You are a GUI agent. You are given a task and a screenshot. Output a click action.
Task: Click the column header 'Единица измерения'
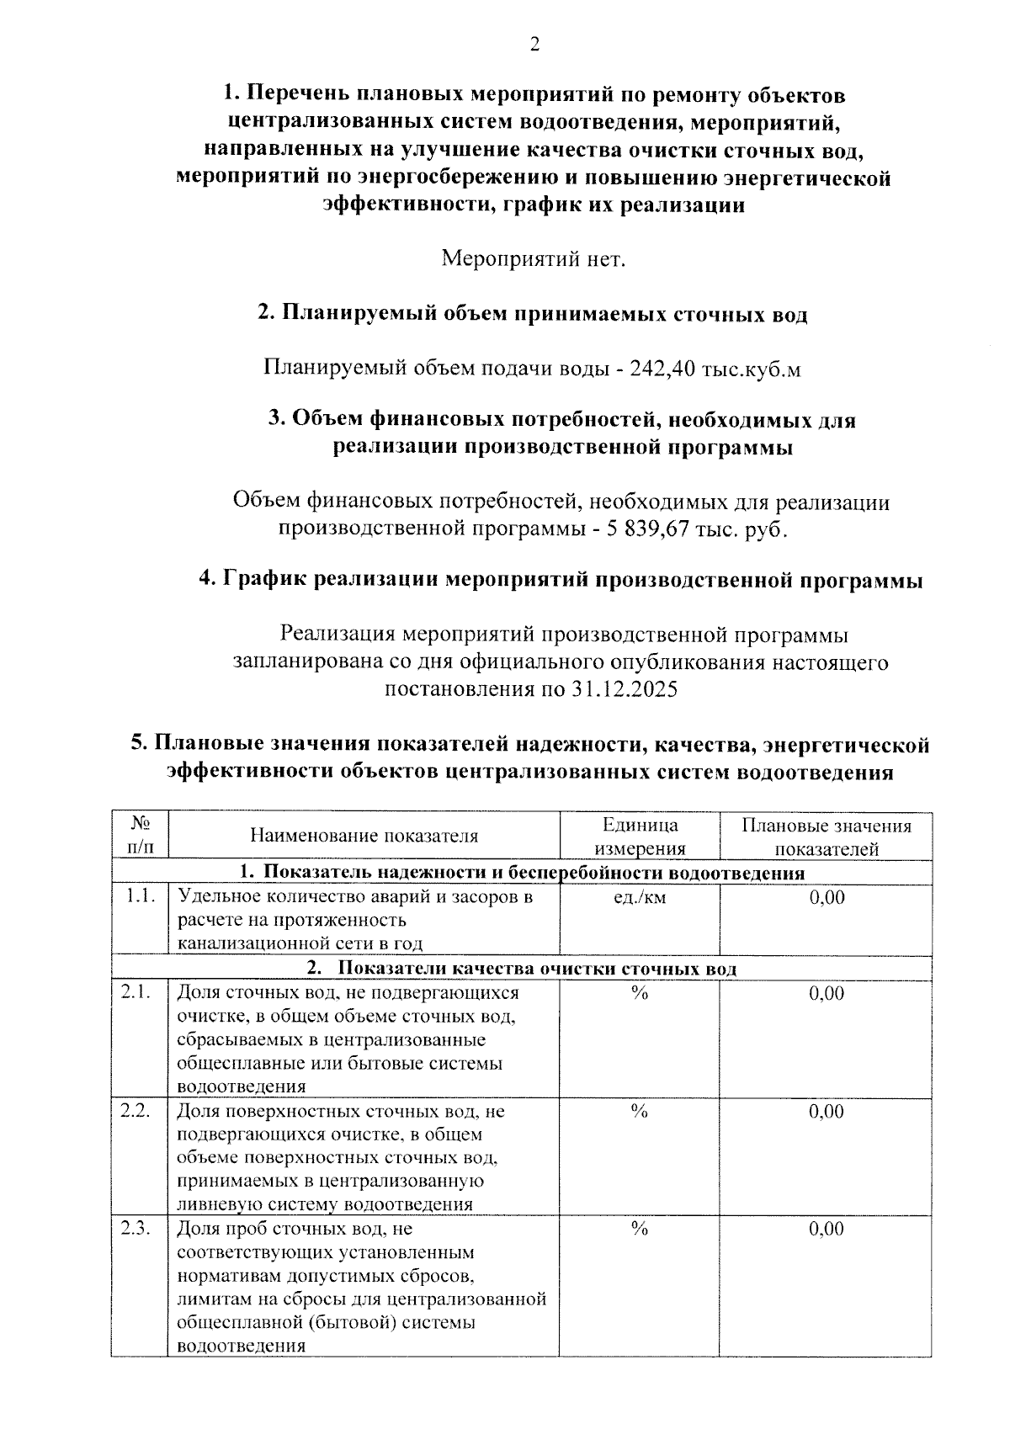pos(640,837)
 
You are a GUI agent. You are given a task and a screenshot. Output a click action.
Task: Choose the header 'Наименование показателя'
pos(364,836)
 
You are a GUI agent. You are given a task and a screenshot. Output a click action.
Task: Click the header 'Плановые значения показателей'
pos(826,837)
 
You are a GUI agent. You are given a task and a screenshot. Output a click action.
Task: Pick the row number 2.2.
pos(136,1111)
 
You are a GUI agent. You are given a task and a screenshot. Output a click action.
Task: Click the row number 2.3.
pos(136,1229)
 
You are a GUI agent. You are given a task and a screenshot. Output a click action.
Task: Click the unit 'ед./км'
pos(640,898)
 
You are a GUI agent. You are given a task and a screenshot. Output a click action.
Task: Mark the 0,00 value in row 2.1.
pos(827,994)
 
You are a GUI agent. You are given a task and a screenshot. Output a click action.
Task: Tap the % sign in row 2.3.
pos(640,1230)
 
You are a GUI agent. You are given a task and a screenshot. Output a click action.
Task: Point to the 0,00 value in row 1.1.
pos(827,898)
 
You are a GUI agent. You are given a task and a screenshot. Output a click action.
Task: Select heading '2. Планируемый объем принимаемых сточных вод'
pos(532,315)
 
